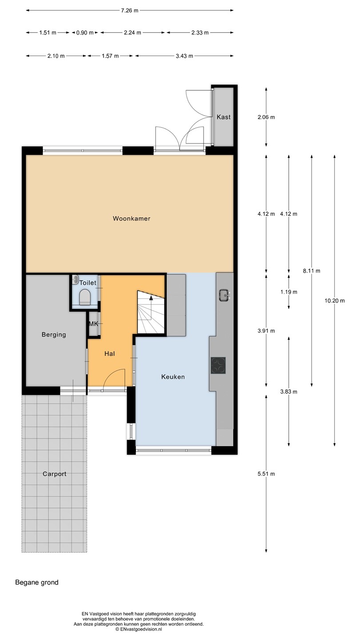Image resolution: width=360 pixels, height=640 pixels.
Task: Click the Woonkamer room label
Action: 132,219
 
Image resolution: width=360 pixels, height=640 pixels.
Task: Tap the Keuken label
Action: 173,377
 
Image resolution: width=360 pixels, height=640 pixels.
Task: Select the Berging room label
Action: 54,335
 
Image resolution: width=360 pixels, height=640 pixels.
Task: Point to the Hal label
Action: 109,354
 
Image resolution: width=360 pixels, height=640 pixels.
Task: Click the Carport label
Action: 55,474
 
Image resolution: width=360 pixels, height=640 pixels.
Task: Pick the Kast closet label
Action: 224,117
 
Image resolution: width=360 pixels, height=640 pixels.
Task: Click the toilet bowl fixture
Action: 84,296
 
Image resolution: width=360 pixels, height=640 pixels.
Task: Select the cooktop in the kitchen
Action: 218,365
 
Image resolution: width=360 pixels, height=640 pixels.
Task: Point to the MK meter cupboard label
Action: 93,324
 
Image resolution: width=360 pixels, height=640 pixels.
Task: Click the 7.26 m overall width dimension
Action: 130,11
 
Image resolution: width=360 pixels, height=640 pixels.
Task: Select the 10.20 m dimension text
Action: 335,300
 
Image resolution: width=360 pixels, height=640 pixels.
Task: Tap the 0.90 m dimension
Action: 85,32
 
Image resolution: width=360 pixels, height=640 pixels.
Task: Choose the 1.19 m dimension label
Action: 288,292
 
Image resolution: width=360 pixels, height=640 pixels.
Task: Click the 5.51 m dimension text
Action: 266,474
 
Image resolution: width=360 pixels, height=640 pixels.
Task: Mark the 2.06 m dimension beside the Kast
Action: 266,117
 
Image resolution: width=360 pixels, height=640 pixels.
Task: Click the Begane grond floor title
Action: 37,583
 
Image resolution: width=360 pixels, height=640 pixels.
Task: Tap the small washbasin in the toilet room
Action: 75,280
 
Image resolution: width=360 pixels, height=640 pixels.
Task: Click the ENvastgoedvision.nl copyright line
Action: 139,629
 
